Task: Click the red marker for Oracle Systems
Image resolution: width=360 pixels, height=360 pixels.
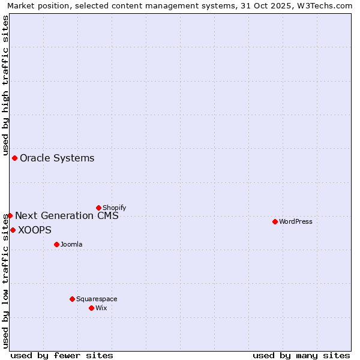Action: (15, 158)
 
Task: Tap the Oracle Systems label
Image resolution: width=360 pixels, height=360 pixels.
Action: (57, 158)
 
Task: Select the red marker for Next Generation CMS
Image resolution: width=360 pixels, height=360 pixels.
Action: (10, 215)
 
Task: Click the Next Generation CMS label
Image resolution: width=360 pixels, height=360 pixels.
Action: (67, 216)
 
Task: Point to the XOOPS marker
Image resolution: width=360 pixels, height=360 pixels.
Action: (13, 230)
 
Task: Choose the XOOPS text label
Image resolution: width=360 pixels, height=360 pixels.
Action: (35, 230)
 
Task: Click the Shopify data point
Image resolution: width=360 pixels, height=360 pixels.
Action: (98, 208)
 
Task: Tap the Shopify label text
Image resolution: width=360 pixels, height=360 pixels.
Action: (114, 208)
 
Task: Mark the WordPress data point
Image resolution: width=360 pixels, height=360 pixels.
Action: (275, 221)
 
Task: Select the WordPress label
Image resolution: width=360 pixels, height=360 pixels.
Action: (296, 222)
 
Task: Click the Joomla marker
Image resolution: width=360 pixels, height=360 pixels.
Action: (56, 244)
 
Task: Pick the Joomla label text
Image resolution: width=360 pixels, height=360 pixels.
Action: (71, 245)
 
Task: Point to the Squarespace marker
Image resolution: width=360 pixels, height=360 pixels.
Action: (72, 299)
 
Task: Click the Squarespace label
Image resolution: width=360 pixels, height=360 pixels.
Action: (97, 299)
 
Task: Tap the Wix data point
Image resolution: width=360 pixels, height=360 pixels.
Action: (91, 308)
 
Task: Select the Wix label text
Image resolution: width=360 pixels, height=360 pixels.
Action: (101, 308)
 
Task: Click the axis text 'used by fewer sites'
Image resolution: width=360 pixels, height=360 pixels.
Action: (62, 355)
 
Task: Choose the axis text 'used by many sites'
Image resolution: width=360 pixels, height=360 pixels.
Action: (301, 355)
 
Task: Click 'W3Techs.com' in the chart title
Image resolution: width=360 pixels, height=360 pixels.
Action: (328, 6)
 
